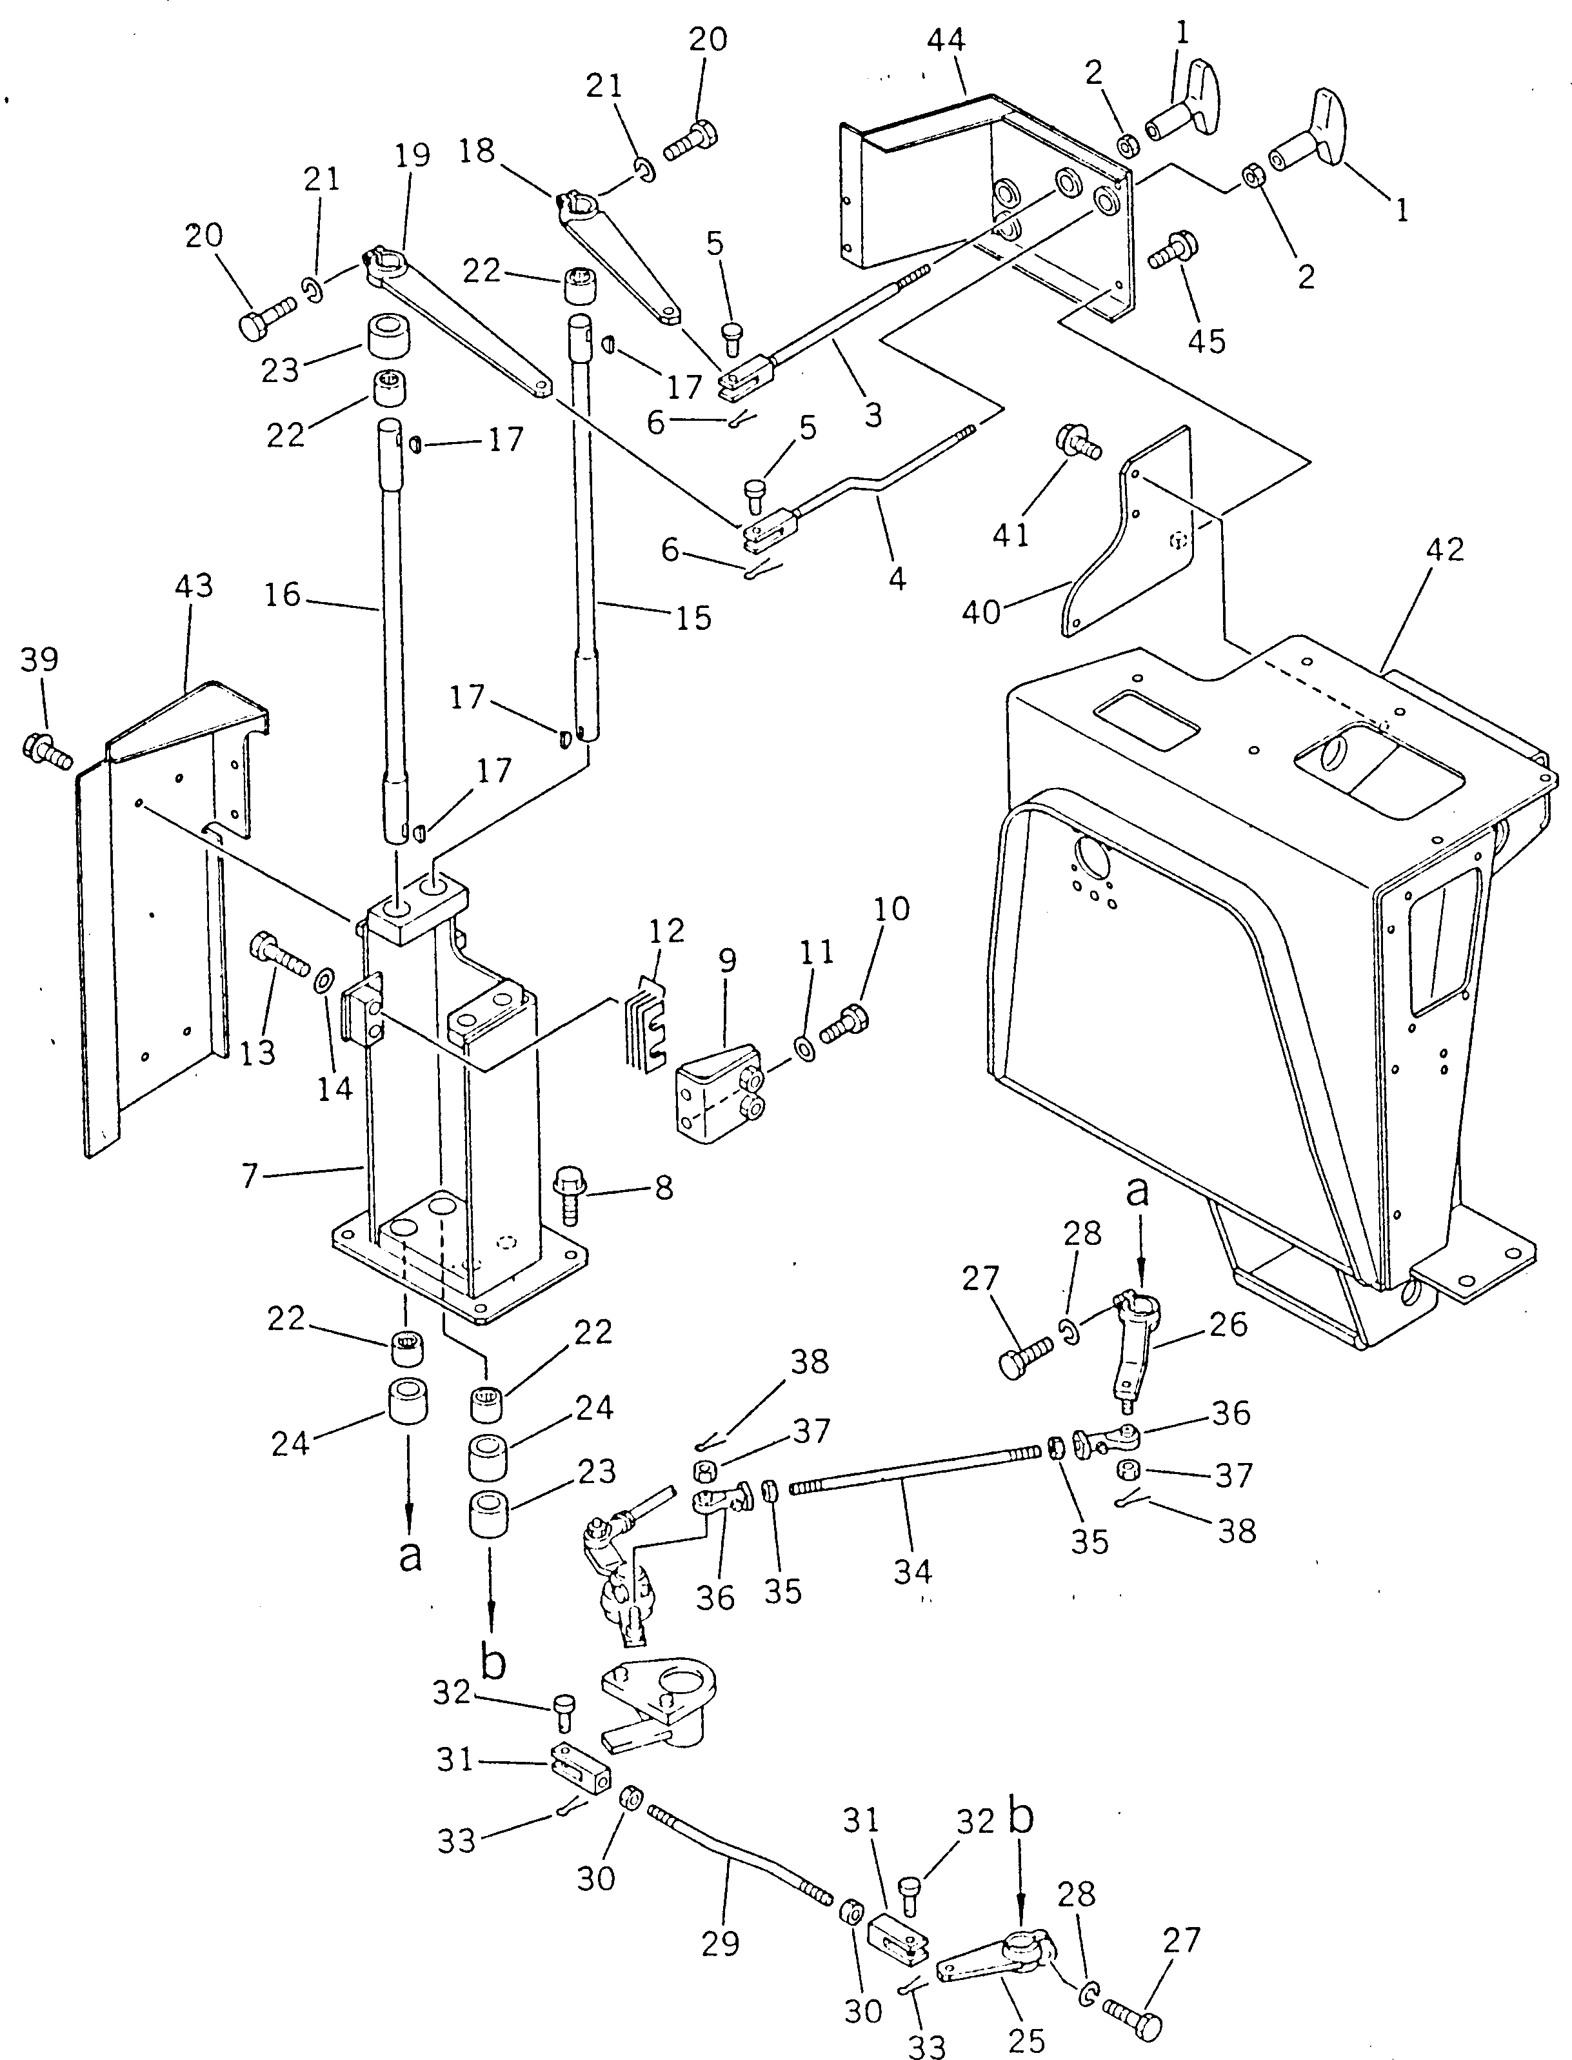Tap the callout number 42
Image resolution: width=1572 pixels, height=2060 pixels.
[x=1444, y=549]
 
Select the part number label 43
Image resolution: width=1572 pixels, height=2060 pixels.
[x=194, y=587]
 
